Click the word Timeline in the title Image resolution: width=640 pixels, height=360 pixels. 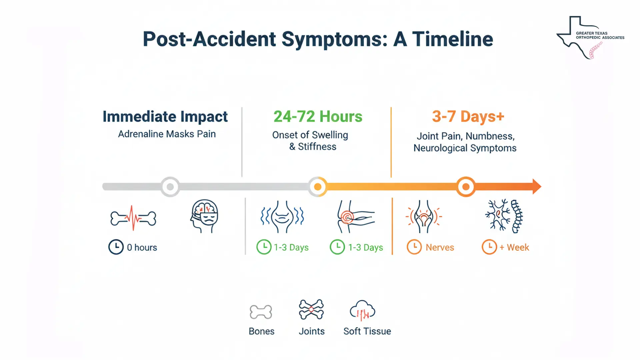[452, 39]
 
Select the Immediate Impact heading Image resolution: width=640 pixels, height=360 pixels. [165, 117]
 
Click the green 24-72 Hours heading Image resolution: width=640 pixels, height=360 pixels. [318, 117]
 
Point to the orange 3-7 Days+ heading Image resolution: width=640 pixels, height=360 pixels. [468, 117]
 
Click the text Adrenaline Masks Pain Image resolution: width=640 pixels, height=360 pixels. [167, 134]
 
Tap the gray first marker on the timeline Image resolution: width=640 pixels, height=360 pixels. [170, 187]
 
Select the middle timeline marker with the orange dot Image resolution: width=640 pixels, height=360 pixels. [318, 187]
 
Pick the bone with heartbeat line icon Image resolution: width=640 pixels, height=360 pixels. [133, 218]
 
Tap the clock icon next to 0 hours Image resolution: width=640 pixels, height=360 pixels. [116, 247]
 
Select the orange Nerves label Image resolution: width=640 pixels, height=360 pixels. [440, 247]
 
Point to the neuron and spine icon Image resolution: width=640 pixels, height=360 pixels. [504, 216]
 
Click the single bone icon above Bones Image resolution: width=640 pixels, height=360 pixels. [261, 312]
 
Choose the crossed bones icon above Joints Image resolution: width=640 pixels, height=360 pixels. [311, 309]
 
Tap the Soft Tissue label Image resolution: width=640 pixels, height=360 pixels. [367, 331]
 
